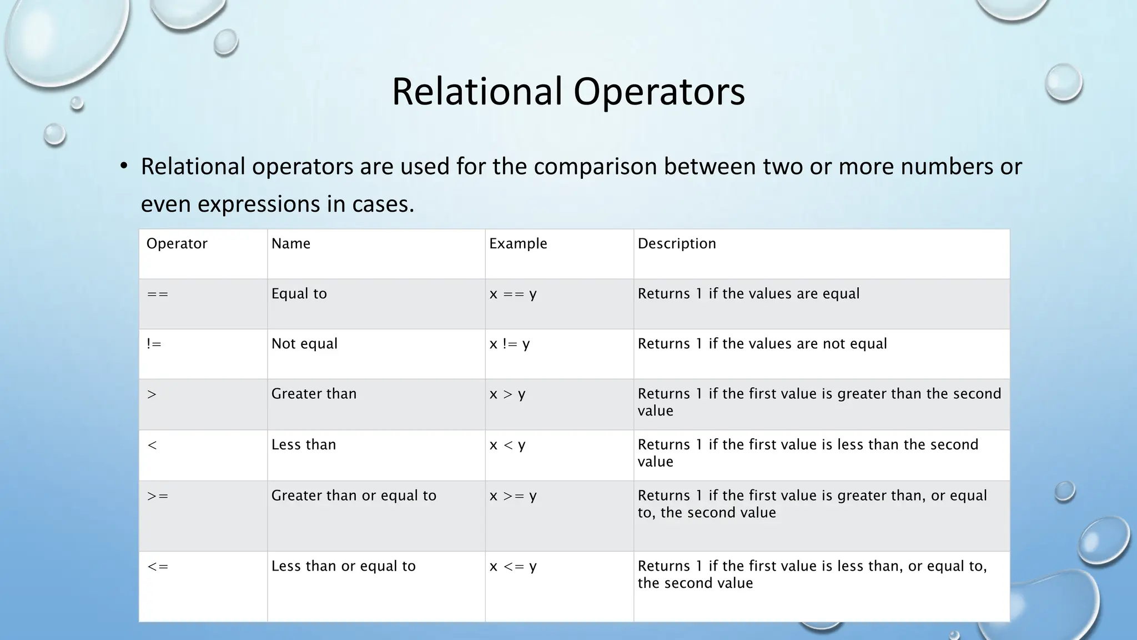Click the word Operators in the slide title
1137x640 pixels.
point(659,92)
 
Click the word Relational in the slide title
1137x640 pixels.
point(477,92)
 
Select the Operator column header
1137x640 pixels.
point(177,244)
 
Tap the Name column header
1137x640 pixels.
point(290,244)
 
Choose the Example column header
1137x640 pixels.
point(518,244)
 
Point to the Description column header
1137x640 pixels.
point(677,244)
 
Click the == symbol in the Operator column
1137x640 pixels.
point(158,294)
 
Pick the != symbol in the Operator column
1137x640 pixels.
point(154,344)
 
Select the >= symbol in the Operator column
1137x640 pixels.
point(158,496)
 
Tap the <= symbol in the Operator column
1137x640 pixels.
point(158,566)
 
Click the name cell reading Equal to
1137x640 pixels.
point(299,294)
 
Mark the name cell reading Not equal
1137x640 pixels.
point(304,344)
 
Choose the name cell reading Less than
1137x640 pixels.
point(304,445)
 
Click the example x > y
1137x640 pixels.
point(507,394)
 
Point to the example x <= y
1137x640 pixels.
point(513,567)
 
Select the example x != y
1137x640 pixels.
point(510,344)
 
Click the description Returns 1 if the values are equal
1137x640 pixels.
point(748,294)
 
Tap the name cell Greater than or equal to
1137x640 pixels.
point(354,496)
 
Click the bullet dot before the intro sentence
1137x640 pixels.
point(124,166)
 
